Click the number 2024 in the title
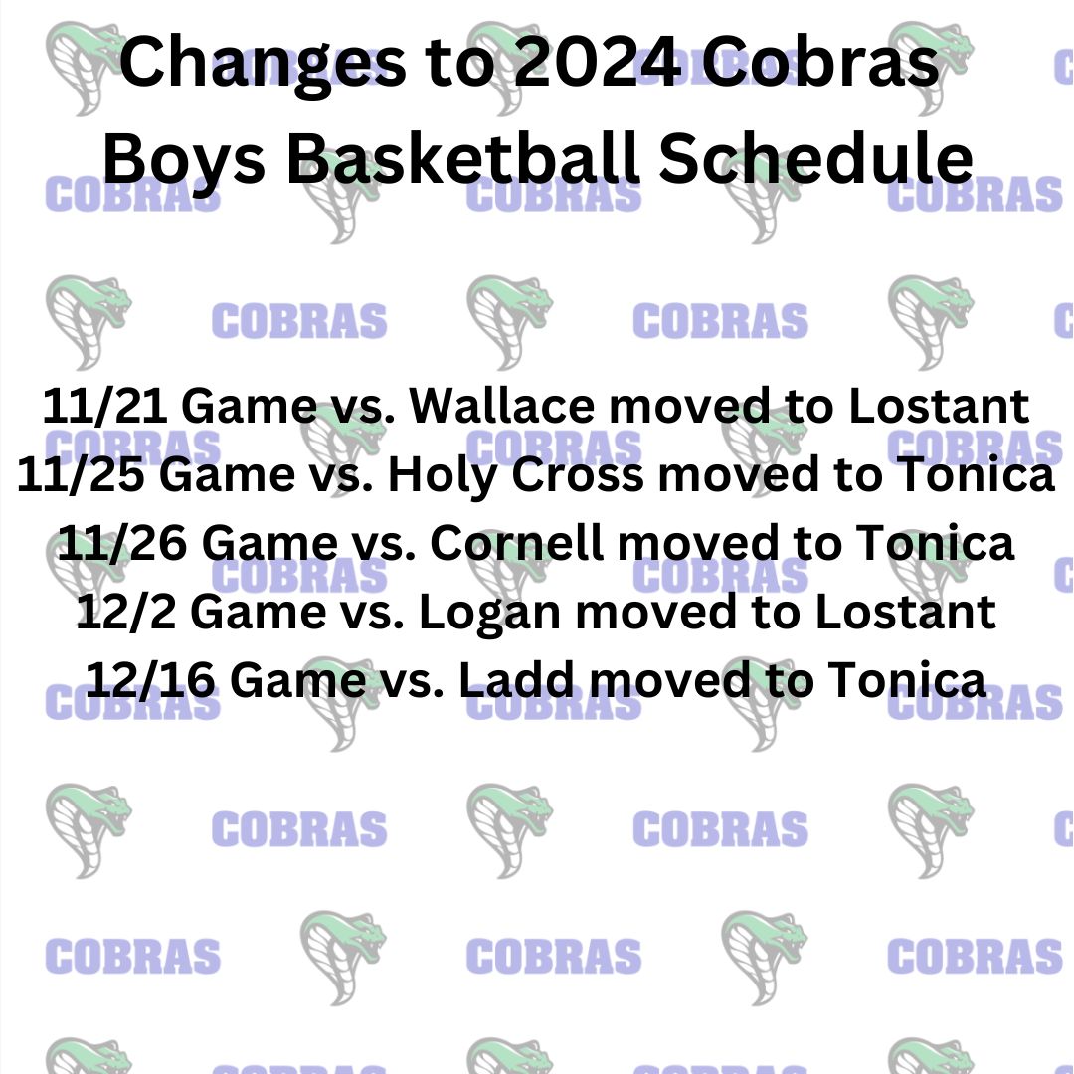pyautogui.click(x=598, y=62)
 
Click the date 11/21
pyautogui.click(x=104, y=406)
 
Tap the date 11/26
pyautogui.click(x=122, y=543)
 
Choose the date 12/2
pyautogui.click(x=126, y=611)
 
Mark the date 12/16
pyautogui.click(x=150, y=679)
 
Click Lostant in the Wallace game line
pyautogui.click(x=939, y=406)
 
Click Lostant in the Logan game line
pyautogui.click(x=906, y=611)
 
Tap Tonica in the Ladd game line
pyautogui.click(x=907, y=679)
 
